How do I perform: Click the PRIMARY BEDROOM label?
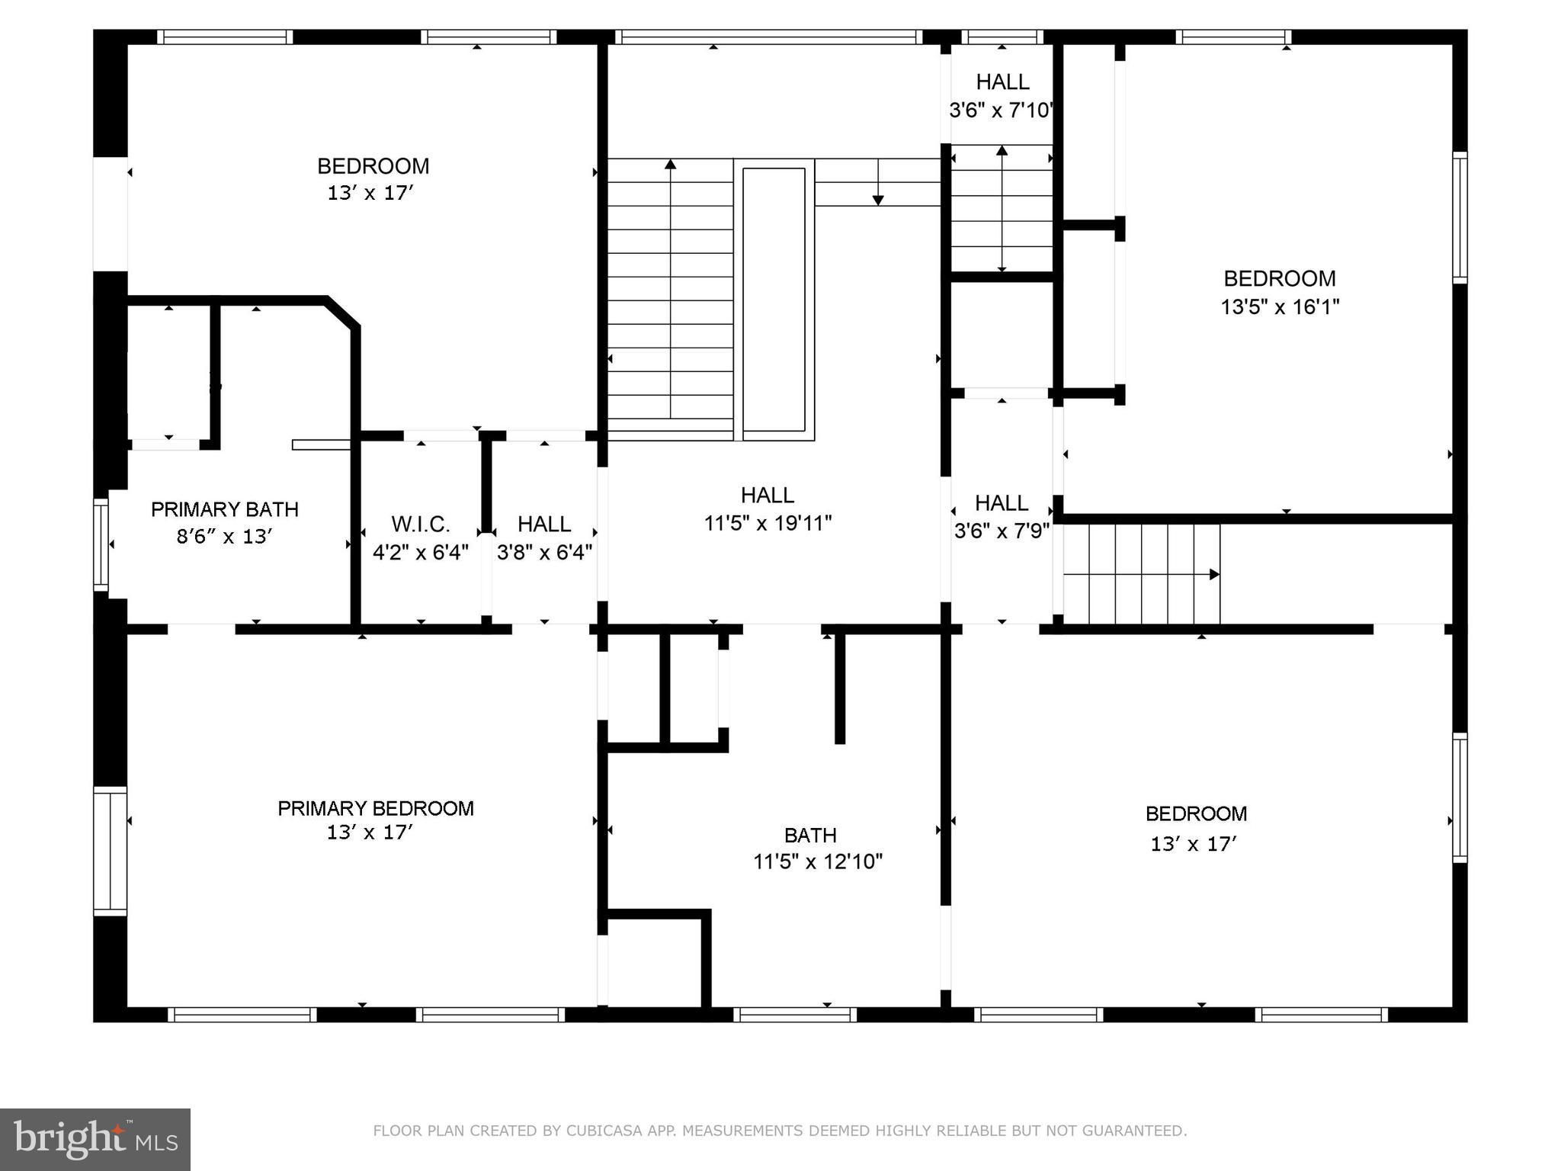tap(375, 808)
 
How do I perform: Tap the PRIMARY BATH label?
tap(224, 509)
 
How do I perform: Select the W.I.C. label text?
tap(420, 525)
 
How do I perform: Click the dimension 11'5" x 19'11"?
tap(767, 524)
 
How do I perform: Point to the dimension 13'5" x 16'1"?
tap(1280, 307)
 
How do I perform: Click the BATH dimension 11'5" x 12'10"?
tap(817, 862)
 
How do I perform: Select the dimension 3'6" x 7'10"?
tap(1001, 111)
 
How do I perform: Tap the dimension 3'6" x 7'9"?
tap(1002, 531)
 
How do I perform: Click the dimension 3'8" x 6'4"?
tap(544, 553)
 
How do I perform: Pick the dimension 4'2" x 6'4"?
tap(420, 553)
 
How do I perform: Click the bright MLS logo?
tap(95, 1139)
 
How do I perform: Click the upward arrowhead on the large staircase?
tap(670, 164)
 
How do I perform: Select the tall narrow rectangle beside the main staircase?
tap(774, 299)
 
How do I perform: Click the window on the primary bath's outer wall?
tap(100, 544)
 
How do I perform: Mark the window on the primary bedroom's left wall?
tap(110, 851)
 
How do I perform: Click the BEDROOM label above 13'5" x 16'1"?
tap(1279, 278)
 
